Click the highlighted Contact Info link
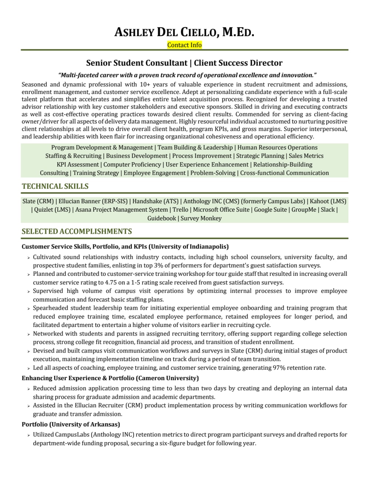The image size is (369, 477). tap(184, 45)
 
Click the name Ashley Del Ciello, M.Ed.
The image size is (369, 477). tap(184, 32)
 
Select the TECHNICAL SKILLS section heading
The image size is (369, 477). tap(55, 186)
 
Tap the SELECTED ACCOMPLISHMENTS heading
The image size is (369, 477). tap(77, 231)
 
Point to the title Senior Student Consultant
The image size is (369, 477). tap(137, 63)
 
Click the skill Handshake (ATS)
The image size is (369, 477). tap(155, 201)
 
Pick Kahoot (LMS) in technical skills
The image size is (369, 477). tap(328, 201)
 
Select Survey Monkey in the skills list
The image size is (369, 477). tap(201, 218)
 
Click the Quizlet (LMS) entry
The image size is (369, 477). tap(52, 210)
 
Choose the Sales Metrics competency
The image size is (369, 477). tap(306, 156)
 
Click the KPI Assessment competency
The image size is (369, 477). tap(78, 164)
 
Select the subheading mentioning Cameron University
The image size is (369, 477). tap(110, 378)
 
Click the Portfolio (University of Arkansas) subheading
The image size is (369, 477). tap(71, 424)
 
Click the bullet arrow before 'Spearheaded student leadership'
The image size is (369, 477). tap(28, 309)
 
